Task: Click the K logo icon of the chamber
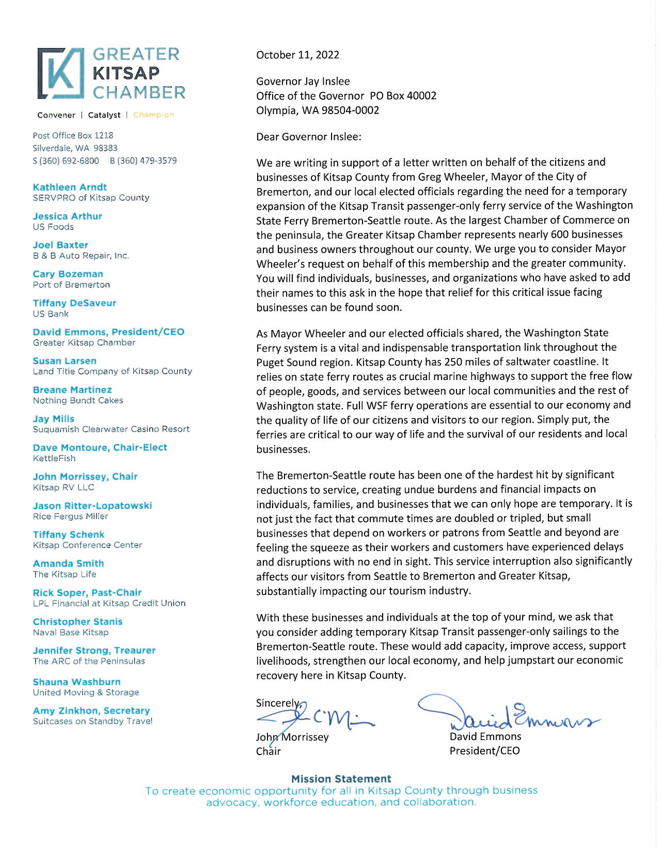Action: pos(61,73)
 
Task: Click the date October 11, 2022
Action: pos(297,55)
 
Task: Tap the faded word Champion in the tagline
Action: pos(153,115)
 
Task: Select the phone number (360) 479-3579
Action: pos(143,161)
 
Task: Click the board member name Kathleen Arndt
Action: pos(70,187)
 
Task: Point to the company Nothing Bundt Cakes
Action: pos(78,400)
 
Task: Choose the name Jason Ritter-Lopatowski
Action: pos(92,506)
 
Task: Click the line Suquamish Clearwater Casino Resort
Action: pos(111,429)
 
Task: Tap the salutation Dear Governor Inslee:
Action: pos(309,137)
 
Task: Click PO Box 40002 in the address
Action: pos(403,96)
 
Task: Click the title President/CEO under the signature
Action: pos(484,750)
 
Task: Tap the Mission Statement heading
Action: pos(341,779)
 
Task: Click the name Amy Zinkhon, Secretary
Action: pos(91,711)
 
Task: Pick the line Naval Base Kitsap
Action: pos(71,632)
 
